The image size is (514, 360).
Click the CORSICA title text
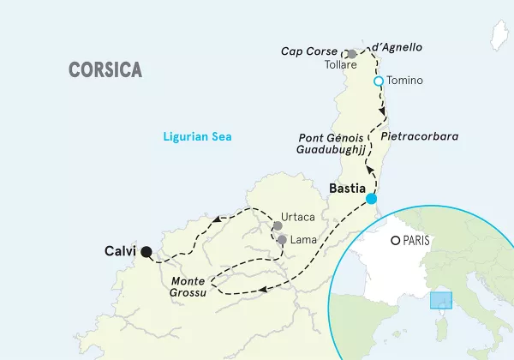point(105,70)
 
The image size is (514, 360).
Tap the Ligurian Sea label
point(198,136)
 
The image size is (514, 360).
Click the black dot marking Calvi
point(146,252)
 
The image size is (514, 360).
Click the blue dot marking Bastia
point(371,199)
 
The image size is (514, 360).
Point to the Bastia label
point(347,187)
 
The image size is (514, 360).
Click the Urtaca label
point(298,217)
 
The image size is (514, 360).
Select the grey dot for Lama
point(281,240)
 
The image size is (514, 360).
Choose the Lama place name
point(302,240)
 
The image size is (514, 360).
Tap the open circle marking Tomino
point(378,81)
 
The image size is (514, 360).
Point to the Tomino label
point(406,81)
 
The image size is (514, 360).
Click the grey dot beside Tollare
point(351,53)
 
